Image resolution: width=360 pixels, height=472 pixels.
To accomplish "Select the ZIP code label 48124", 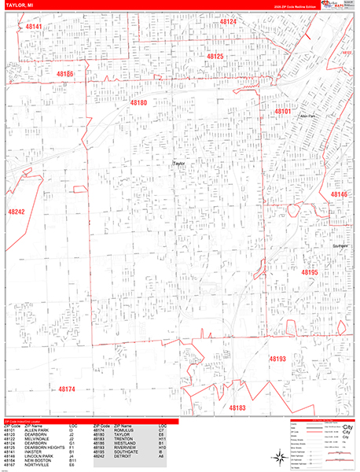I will coord(228,22).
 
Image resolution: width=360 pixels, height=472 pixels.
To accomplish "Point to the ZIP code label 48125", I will coord(215,57).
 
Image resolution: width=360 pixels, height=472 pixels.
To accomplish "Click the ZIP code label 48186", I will coord(65,74).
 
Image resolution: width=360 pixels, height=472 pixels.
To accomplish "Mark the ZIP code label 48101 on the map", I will coord(283,112).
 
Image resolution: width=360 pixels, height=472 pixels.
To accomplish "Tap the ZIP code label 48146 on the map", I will coord(339,194).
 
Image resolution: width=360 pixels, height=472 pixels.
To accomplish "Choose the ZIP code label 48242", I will coord(17,212).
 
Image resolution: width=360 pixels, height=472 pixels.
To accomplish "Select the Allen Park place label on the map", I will coord(307,116).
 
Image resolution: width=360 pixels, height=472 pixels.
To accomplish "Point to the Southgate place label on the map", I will coord(340,246).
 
